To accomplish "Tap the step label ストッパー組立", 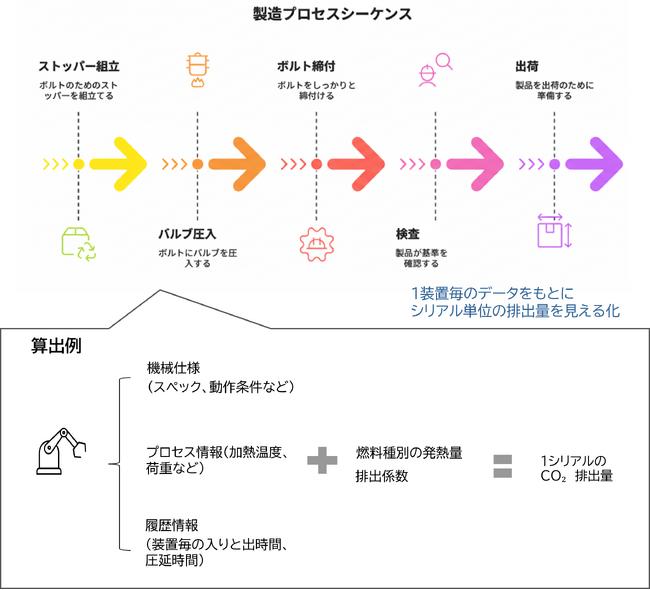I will pyautogui.click(x=78, y=67).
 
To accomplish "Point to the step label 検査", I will pyautogui.click(x=407, y=234).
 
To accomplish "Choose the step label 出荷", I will pyautogui.click(x=528, y=67).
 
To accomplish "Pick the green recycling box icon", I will pyautogui.click(x=79, y=243).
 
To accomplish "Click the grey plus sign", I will pyautogui.click(x=321, y=463).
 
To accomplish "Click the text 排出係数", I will pyautogui.click(x=382, y=476).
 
